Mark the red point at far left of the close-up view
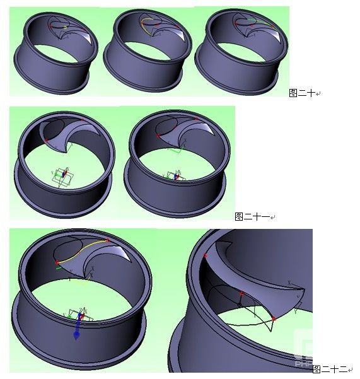[x=206, y=255]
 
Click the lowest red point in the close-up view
[x=274, y=320]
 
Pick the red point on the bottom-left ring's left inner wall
[x=57, y=261]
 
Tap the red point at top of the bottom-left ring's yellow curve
[x=108, y=240]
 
